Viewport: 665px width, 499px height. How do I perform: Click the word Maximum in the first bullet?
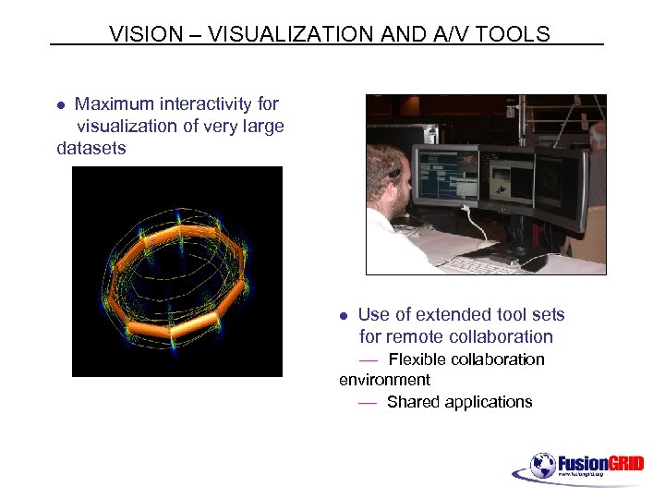pos(114,104)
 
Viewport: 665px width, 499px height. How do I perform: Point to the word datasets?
pos(91,148)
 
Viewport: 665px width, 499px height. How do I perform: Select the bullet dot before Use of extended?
pos(343,316)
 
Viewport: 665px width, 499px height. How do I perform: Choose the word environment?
pos(384,380)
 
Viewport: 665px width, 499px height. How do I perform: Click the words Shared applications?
pos(459,402)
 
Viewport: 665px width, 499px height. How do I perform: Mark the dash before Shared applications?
pos(368,403)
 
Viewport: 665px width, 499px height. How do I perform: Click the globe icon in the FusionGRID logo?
pos(543,465)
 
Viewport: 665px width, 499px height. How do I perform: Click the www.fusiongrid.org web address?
pos(581,475)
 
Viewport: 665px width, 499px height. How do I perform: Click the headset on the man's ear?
pos(396,171)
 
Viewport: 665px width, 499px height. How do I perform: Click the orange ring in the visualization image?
pos(175,277)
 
